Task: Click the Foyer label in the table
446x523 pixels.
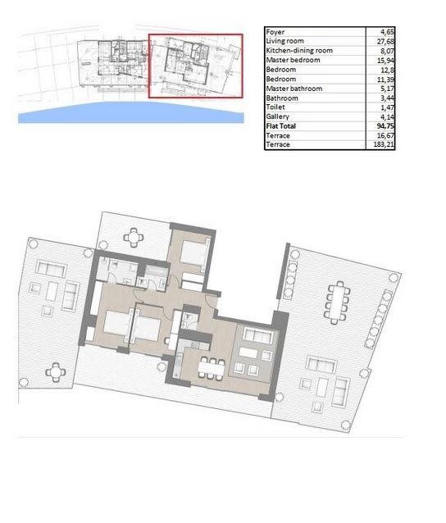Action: click(275, 32)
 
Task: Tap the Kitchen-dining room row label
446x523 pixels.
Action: click(299, 50)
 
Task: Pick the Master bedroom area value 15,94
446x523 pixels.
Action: click(385, 61)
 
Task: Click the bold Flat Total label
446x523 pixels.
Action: click(281, 126)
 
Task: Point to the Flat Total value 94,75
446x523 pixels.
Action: click(385, 126)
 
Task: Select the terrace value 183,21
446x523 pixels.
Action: click(384, 145)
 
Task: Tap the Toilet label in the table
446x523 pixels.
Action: click(275, 107)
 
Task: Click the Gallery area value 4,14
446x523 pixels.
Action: click(387, 116)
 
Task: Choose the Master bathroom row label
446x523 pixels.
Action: click(294, 89)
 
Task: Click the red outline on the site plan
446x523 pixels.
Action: click(195, 34)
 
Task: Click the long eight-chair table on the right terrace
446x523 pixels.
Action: click(337, 302)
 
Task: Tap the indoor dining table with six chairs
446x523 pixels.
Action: click(212, 368)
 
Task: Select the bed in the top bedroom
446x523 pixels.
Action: click(193, 252)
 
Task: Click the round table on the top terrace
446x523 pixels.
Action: click(134, 238)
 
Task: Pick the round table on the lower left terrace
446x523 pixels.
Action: click(56, 372)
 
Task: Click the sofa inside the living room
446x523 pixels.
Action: click(258, 335)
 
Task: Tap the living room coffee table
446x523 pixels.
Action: click(248, 352)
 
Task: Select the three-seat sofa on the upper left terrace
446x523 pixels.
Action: click(51, 269)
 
